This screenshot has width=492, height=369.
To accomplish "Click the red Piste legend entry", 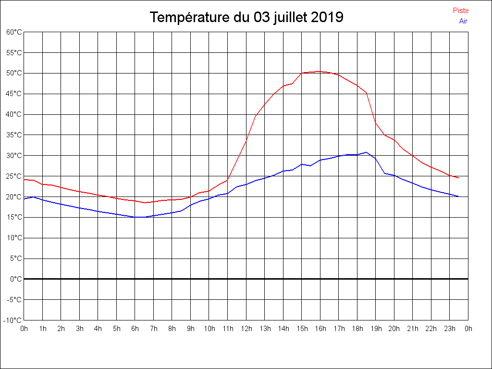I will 460,11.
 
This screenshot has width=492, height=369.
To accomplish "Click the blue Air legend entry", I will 463,21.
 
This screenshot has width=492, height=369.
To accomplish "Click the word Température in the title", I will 190,17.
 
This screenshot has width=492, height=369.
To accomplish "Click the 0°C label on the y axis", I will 16,279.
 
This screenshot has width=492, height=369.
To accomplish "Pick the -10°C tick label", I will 12,320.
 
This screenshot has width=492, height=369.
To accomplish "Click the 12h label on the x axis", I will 246,329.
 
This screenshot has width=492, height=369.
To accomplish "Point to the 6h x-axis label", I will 135,329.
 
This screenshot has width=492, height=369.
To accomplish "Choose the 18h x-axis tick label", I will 357,329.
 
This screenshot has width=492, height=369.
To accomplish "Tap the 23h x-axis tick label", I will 450,329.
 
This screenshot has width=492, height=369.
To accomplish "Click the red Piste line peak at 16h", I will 320,71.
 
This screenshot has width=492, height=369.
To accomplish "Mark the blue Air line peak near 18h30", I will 366,152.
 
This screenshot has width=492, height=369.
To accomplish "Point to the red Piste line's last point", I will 459,178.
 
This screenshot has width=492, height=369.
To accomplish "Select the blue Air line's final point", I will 459,197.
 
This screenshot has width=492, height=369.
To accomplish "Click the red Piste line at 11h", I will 228,180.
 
